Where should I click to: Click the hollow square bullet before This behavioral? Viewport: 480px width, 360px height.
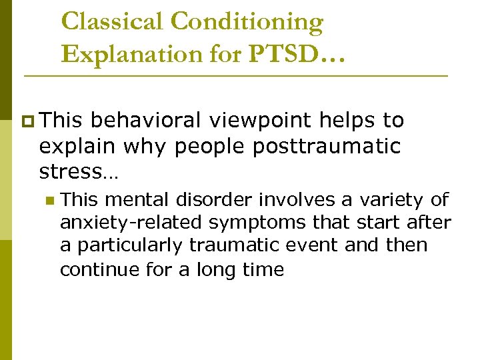pyautogui.click(x=27, y=121)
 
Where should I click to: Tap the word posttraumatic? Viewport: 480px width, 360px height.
pyautogui.click(x=327, y=146)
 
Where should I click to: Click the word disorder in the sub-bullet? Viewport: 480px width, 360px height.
pyautogui.click(x=219, y=199)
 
